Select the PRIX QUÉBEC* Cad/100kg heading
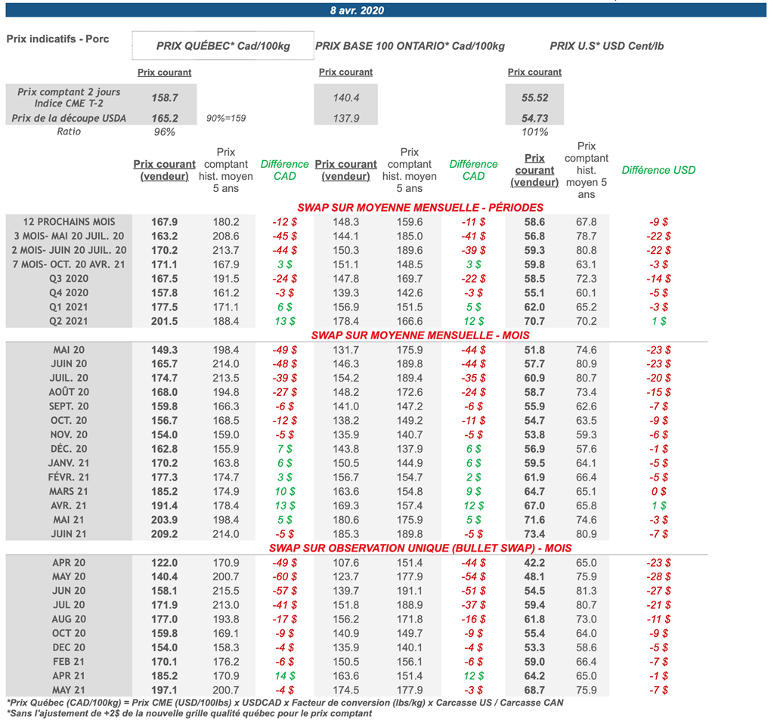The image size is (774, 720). click(x=223, y=46)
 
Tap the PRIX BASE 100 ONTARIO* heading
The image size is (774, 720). click(x=410, y=46)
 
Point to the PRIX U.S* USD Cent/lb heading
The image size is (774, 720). click(x=607, y=46)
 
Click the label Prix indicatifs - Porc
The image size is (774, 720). click(x=57, y=39)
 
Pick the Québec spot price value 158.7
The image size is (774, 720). click(x=165, y=98)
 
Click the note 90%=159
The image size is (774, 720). click(x=226, y=119)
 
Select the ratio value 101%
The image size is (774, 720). click(x=534, y=132)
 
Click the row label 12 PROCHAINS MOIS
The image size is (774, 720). click(x=70, y=222)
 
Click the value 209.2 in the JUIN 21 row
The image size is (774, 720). click(x=165, y=533)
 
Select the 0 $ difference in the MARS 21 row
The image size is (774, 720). click(x=658, y=491)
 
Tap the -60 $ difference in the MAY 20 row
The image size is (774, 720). click(x=284, y=576)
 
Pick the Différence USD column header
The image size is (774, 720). click(x=658, y=170)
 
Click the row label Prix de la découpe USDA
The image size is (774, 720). click(x=70, y=119)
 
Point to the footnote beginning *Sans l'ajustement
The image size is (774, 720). click(x=189, y=713)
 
